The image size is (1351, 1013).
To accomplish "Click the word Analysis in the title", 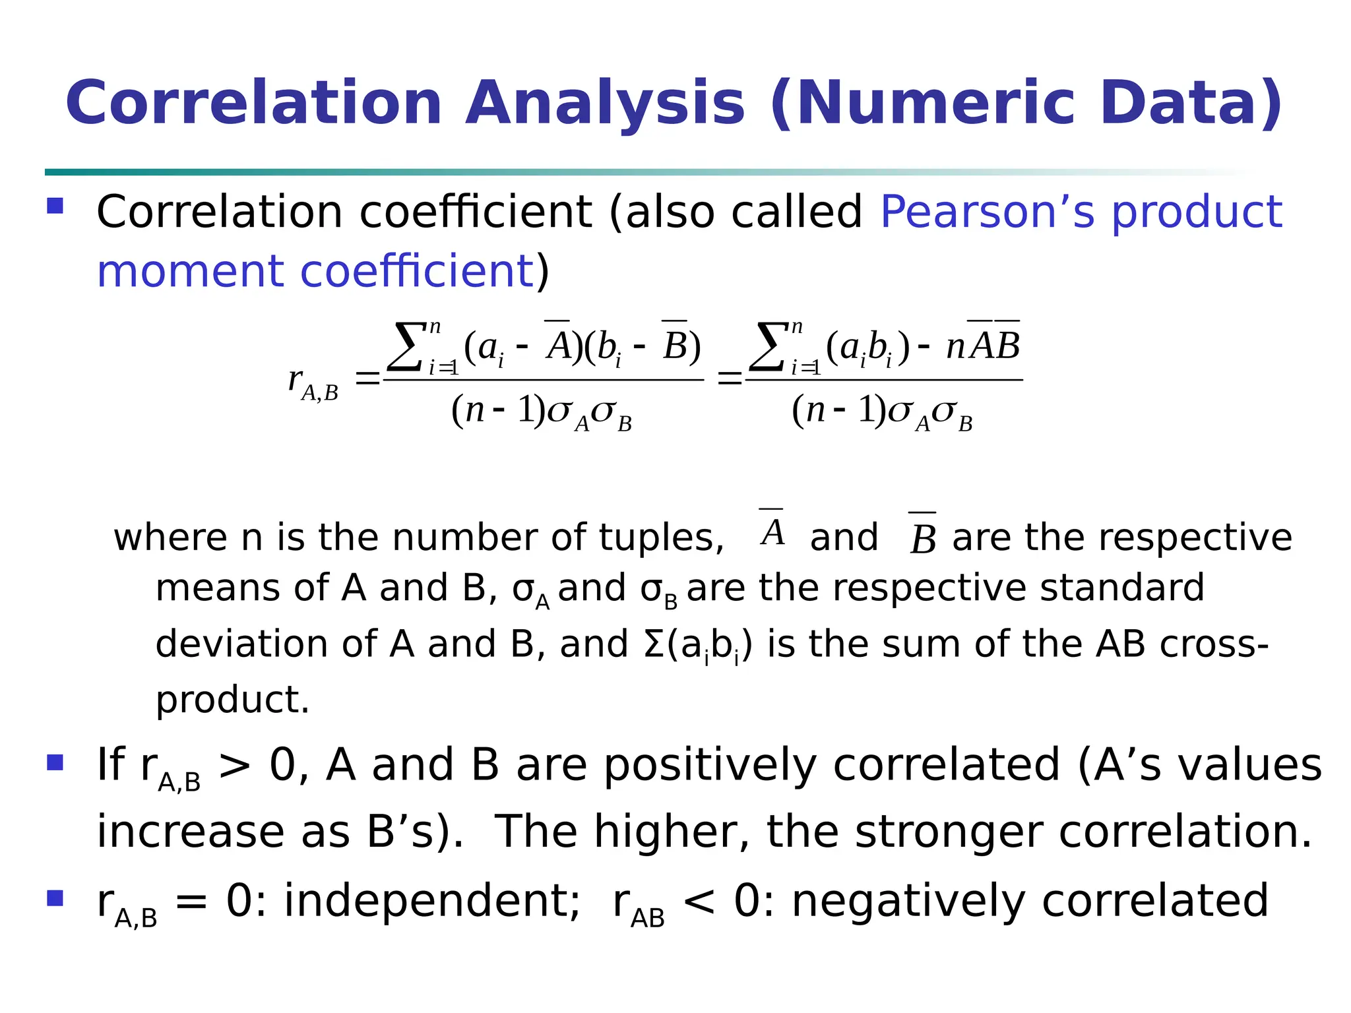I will click(x=605, y=104).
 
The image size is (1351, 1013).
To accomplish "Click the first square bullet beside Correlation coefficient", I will click(x=55, y=206).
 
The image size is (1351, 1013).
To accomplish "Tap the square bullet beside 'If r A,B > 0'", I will click(x=55, y=762).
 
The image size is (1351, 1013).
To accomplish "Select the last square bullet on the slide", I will click(x=55, y=898).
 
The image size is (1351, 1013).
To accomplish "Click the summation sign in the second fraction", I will click(x=769, y=347).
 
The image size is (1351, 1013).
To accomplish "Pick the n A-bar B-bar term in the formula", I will click(x=983, y=344).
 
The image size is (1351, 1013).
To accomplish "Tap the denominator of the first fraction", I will click(x=542, y=412).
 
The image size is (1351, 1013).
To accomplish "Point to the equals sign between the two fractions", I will click(x=729, y=379).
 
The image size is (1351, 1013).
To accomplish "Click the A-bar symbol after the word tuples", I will click(x=772, y=530).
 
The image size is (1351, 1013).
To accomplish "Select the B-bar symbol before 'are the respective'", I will click(x=922, y=536).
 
